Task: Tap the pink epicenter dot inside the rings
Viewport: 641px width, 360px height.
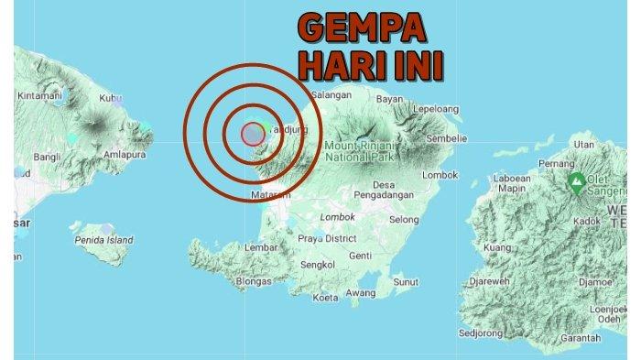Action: click(x=252, y=134)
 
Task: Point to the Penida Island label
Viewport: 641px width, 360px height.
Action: click(x=104, y=240)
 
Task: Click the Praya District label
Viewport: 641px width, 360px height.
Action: click(x=330, y=238)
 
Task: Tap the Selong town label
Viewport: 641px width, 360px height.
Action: click(x=404, y=220)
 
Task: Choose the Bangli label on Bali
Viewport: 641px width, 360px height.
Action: click(x=46, y=157)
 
